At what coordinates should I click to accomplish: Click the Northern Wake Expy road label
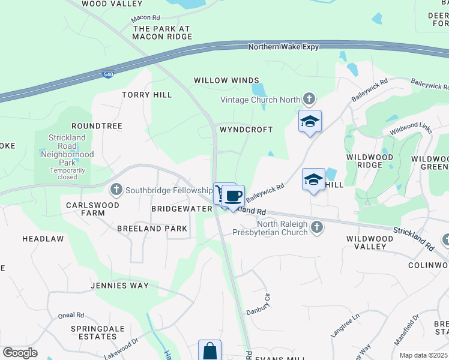pyautogui.click(x=283, y=46)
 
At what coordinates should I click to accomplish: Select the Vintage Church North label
pyautogui.click(x=261, y=100)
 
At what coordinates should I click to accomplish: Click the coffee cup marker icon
pyautogui.click(x=234, y=196)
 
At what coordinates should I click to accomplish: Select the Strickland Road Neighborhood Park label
pyautogui.click(x=67, y=154)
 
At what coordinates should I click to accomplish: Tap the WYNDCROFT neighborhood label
pyautogui.click(x=246, y=130)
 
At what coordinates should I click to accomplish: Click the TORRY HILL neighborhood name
pyautogui.click(x=147, y=95)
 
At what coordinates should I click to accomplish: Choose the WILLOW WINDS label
pyautogui.click(x=226, y=80)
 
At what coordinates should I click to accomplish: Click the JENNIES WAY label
pyautogui.click(x=119, y=286)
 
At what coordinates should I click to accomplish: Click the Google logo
pyautogui.click(x=20, y=353)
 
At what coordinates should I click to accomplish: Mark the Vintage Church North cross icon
pyautogui.click(x=309, y=98)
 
